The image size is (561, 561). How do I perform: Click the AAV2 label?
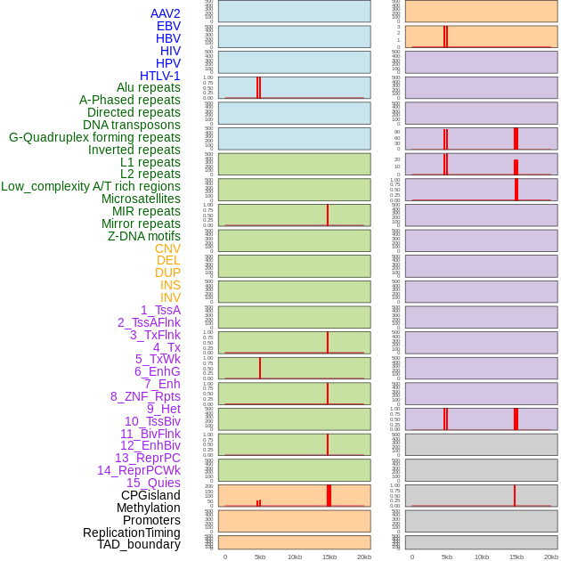[166, 13]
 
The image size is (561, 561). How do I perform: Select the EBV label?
[168, 26]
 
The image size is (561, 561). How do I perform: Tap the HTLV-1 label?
[160, 76]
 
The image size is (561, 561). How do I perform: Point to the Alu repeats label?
[149, 87]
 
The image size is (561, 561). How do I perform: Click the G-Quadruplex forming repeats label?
[94, 137]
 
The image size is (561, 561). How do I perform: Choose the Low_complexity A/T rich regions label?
[91, 186]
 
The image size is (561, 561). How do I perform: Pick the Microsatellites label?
[141, 199]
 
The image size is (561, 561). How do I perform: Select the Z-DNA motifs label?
[144, 236]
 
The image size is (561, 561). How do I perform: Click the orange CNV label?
[167, 248]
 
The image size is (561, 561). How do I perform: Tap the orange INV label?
[170, 297]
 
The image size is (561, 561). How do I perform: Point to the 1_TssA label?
[160, 310]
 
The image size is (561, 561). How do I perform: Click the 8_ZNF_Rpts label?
[145, 396]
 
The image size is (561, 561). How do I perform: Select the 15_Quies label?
[153, 483]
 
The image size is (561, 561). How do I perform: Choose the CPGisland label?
[150, 495]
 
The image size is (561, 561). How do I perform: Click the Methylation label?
[149, 508]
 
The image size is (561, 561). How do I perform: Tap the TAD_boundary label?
[139, 544]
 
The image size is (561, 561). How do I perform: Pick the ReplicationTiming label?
[132, 533]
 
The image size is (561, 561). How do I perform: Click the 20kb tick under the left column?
[364, 557]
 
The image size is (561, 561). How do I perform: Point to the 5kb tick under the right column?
[447, 557]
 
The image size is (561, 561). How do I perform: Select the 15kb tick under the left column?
[329, 557]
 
